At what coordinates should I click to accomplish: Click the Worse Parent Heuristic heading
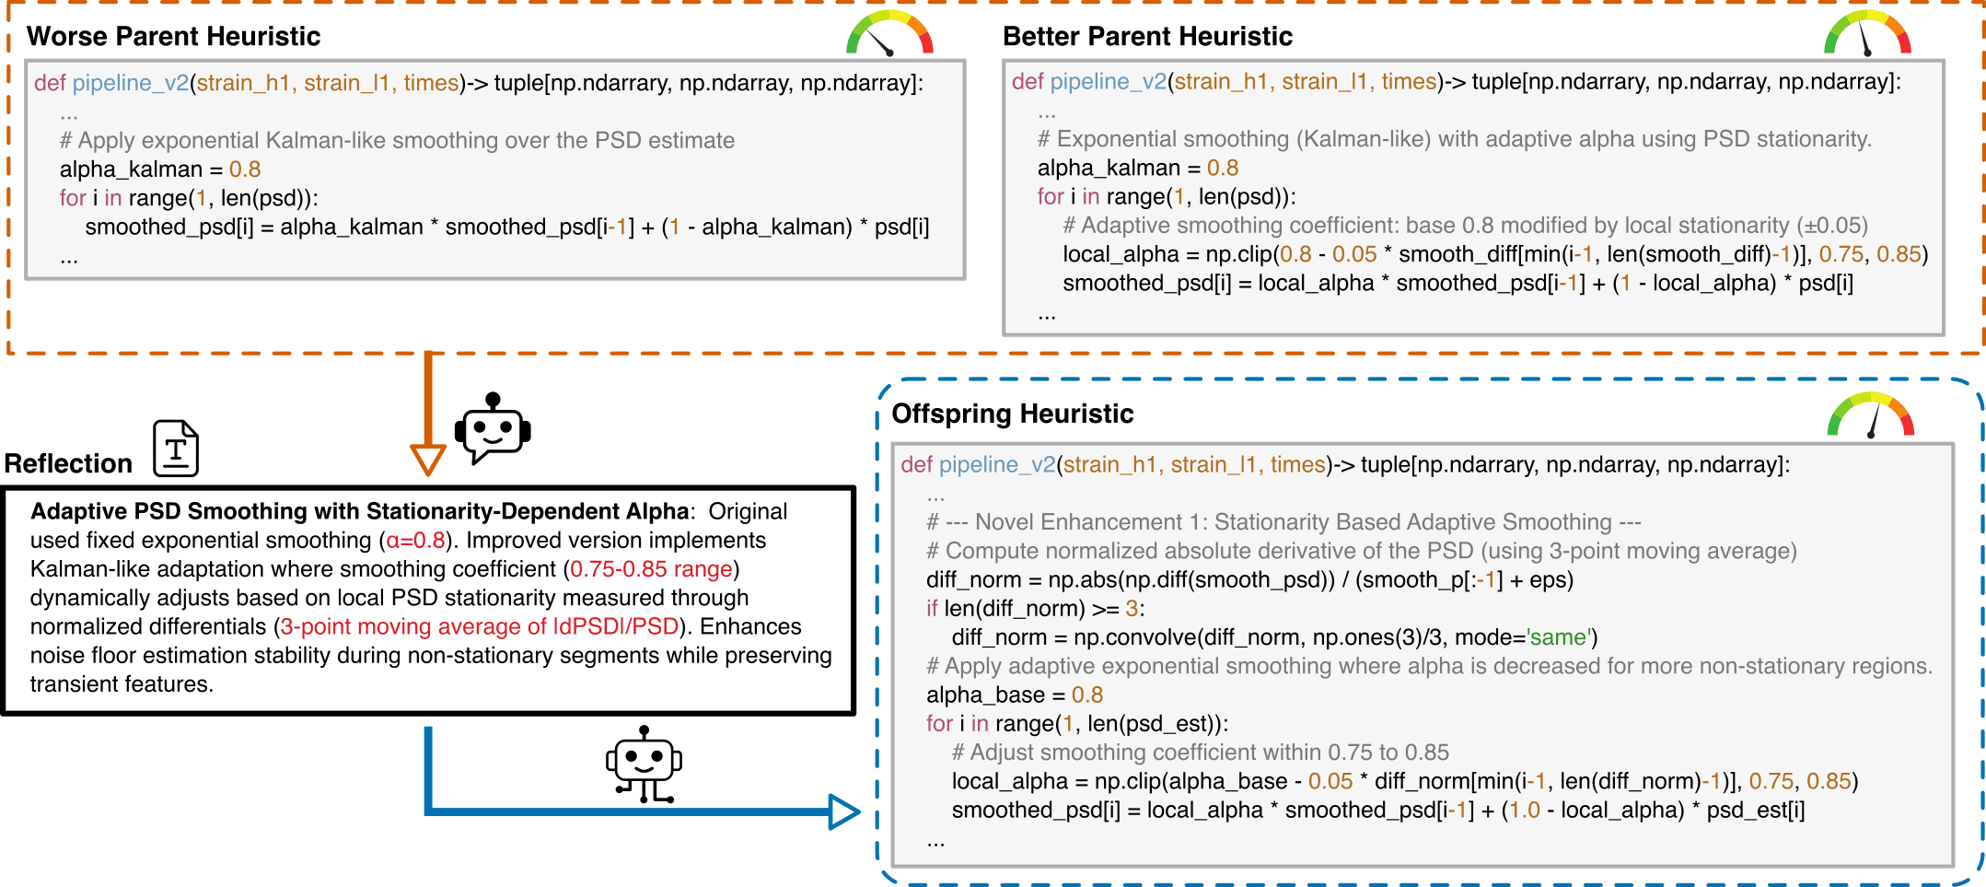(173, 37)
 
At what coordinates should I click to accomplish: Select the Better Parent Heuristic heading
(1147, 37)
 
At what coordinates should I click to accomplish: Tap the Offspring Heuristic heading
(1012, 414)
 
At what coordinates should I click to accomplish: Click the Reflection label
(68, 463)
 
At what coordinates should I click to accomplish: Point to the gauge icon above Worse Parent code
(888, 33)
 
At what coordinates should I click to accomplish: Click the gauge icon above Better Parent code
(1866, 33)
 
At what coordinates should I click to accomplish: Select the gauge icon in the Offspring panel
(1870, 416)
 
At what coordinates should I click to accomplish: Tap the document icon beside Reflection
(176, 449)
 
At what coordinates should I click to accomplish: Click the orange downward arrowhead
(428, 459)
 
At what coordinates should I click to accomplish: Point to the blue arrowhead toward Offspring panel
(842, 811)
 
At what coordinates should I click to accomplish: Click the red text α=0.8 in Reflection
(415, 541)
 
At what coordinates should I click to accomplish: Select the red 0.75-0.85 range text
(651, 569)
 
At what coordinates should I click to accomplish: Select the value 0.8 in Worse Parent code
(245, 169)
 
